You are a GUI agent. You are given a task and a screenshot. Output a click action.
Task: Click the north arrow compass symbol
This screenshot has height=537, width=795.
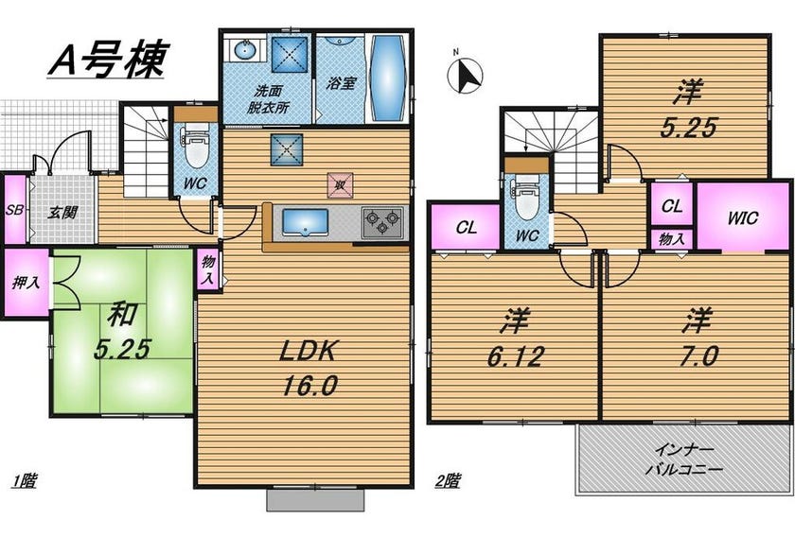click(465, 75)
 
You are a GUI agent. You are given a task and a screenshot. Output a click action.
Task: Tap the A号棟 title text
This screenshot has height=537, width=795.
click(108, 59)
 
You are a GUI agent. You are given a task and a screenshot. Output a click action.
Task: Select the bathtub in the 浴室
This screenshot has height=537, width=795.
click(387, 78)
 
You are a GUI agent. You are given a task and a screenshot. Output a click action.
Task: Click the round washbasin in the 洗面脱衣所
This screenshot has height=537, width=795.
click(245, 50)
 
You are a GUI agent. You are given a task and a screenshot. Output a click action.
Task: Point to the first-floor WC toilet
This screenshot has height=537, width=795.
click(196, 147)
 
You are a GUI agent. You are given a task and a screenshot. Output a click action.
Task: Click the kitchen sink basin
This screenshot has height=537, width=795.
click(305, 222)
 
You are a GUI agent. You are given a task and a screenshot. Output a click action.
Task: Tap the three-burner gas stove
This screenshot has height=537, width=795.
click(382, 222)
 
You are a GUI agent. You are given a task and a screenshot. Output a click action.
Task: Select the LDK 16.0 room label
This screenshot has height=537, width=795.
click(309, 368)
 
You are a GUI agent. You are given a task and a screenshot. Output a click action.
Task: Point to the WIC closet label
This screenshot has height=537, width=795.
click(743, 217)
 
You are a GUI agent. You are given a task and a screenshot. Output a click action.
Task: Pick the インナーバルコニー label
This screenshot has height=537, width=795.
click(684, 459)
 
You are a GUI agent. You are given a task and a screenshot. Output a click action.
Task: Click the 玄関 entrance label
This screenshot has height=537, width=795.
click(62, 213)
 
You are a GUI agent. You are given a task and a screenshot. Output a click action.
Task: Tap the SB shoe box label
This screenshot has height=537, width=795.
click(14, 209)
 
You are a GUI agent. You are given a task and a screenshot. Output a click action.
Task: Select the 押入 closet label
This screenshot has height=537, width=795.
click(26, 282)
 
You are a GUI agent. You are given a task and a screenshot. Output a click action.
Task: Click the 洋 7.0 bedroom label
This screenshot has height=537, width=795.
click(698, 337)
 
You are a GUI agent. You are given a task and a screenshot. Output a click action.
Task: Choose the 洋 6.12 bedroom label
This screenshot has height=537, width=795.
click(515, 337)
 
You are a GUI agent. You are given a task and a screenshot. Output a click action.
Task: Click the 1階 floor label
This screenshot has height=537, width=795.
click(25, 479)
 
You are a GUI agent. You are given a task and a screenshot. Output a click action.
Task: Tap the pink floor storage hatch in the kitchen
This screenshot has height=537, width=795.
click(340, 185)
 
